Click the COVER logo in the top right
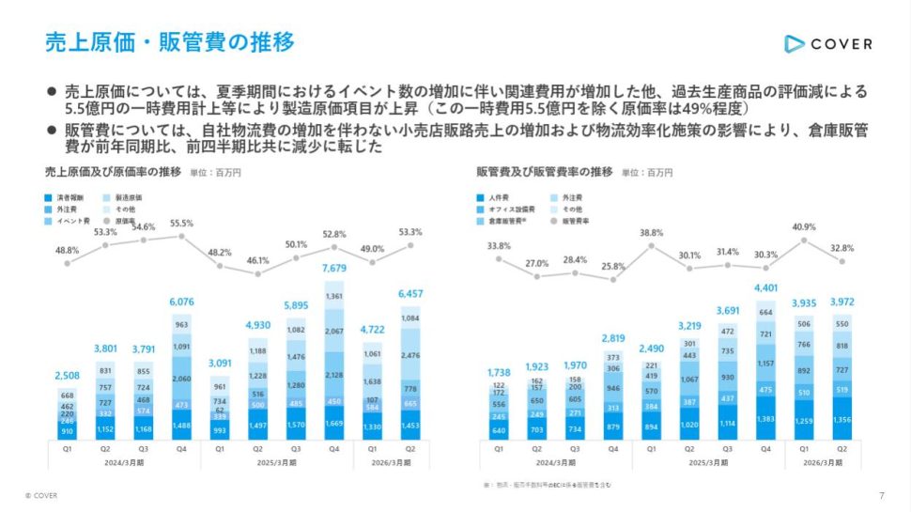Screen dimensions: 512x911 point(827,43)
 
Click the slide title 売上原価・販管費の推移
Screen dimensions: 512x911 point(170,42)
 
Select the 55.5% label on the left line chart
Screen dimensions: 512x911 point(181,225)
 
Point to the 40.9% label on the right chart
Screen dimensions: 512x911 point(804,226)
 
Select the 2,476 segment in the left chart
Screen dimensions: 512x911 point(410,356)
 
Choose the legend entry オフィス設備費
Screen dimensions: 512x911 point(512,209)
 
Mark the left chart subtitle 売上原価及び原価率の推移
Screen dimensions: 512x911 point(113,173)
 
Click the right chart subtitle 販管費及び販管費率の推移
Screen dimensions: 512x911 point(545,173)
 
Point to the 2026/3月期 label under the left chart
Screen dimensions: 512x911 point(391,463)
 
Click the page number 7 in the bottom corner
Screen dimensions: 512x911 point(881,496)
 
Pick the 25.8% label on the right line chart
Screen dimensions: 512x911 point(612,267)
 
